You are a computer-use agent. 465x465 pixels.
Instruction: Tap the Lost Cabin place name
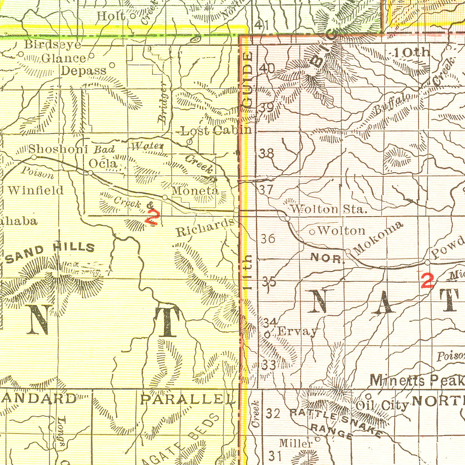tap(216, 131)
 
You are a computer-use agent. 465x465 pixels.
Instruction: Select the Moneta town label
tap(195, 190)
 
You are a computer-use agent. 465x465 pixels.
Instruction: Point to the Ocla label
tap(103, 163)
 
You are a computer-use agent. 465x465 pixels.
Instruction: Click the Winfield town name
tap(36, 190)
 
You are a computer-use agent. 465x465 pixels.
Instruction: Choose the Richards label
tap(205, 228)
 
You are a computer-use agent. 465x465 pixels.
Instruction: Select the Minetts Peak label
tap(417, 380)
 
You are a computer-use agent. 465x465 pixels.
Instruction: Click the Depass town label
tap(84, 71)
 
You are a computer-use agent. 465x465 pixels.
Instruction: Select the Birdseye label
tap(53, 45)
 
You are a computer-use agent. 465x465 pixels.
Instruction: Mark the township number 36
tap(268, 239)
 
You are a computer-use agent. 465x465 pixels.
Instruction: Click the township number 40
tap(267, 69)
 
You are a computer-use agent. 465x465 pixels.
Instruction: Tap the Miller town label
tap(295, 443)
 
